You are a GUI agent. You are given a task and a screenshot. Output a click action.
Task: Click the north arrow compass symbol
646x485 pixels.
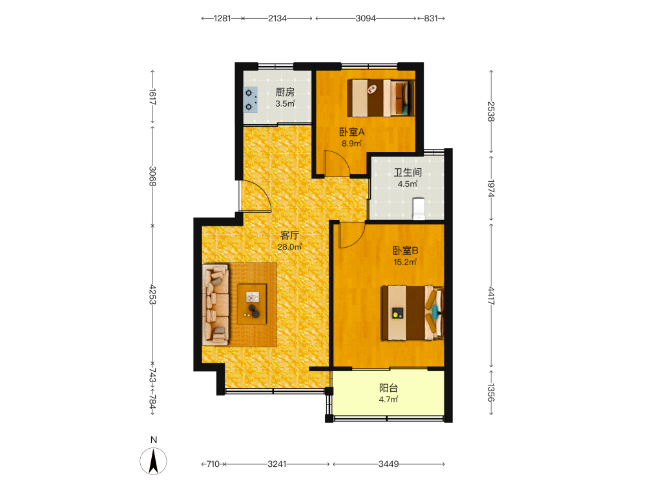(x=153, y=460)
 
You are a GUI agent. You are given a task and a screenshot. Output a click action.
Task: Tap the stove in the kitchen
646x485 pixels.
(x=250, y=100)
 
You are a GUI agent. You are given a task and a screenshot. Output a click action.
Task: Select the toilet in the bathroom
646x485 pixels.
(x=419, y=209)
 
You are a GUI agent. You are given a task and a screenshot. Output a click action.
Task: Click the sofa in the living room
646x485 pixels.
(x=216, y=305)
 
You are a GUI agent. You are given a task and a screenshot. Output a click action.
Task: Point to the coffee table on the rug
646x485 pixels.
(x=252, y=303)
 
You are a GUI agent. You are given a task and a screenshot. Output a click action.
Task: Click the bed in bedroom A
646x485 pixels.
(x=381, y=98)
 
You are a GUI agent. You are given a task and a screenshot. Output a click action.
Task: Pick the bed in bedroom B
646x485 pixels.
(x=412, y=312)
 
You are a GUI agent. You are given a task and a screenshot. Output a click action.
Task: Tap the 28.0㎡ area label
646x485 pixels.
(x=289, y=247)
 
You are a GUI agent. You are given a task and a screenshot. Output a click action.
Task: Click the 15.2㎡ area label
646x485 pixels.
(x=406, y=262)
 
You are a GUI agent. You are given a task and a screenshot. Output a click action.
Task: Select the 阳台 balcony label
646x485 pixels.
(x=388, y=387)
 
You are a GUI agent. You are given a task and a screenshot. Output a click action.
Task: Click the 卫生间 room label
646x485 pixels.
(x=408, y=173)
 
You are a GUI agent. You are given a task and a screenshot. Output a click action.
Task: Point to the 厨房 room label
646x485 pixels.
(x=285, y=92)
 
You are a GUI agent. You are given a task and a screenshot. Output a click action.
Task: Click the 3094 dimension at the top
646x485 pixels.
(x=366, y=18)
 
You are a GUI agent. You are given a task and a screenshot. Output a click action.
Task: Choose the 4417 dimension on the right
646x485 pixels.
(x=491, y=296)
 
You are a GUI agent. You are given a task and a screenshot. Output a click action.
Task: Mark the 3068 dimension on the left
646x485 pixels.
(x=152, y=176)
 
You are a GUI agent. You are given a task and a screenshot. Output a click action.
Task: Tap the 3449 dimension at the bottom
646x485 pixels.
(x=388, y=464)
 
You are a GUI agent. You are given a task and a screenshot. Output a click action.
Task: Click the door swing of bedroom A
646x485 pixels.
(x=337, y=163)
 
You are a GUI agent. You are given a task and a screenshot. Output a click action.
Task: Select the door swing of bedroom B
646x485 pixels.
(x=352, y=235)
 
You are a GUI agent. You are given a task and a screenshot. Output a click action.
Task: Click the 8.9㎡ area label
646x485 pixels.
(x=352, y=144)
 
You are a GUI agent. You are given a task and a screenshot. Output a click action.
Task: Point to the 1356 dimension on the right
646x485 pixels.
(x=491, y=393)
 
